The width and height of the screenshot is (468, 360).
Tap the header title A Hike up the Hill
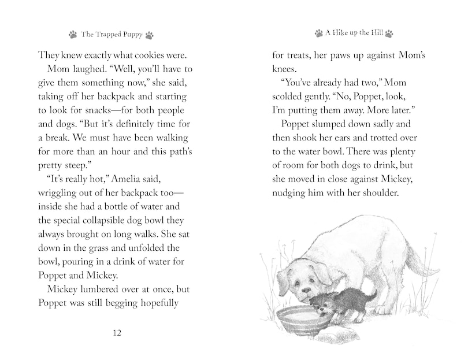(x=354, y=34)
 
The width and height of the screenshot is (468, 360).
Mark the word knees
(x=286, y=68)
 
